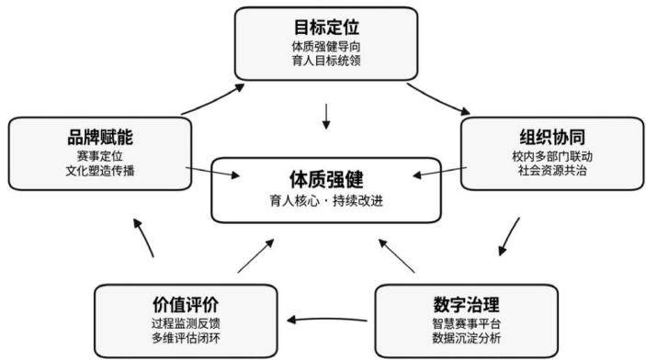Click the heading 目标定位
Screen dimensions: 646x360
[x=326, y=28]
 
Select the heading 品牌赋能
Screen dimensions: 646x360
[x=100, y=137]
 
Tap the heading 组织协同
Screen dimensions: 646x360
[x=552, y=137]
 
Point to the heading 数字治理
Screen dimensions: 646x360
[x=467, y=305]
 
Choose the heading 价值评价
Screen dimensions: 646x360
[x=186, y=305]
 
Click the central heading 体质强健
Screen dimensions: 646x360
[x=326, y=179]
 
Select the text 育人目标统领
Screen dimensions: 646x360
[x=326, y=61]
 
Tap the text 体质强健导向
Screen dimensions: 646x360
[x=326, y=46]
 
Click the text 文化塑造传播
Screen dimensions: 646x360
[x=100, y=171]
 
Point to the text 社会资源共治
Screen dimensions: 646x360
[x=552, y=171]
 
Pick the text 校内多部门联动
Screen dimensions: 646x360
[x=552, y=156]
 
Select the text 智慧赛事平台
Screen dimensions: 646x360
[x=467, y=323]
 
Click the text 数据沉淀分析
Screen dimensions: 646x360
[x=467, y=338]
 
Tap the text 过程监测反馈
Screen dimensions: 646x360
[x=186, y=323]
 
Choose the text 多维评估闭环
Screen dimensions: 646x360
[x=186, y=338]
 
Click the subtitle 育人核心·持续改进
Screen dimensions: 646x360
[x=326, y=201]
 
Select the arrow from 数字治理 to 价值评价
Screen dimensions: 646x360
[x=327, y=320]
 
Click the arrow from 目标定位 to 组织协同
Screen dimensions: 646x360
[x=437, y=99]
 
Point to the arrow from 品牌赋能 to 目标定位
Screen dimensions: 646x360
[x=213, y=98]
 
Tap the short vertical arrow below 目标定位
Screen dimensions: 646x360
[x=326, y=117]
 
